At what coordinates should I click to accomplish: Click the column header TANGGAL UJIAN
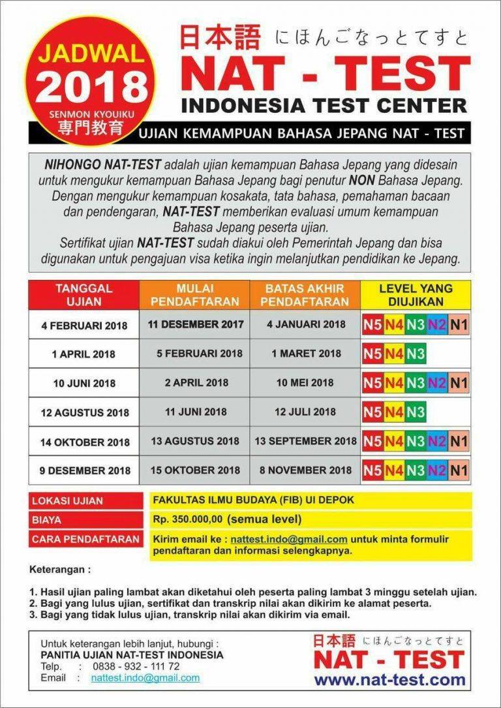(x=83, y=295)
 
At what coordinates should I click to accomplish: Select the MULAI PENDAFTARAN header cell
(x=194, y=295)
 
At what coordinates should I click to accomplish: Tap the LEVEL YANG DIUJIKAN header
(x=416, y=295)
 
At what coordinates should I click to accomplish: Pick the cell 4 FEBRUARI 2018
(x=84, y=325)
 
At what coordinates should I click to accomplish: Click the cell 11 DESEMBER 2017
(x=196, y=324)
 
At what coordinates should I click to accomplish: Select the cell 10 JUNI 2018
(x=84, y=384)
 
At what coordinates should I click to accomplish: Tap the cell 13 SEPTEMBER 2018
(x=305, y=441)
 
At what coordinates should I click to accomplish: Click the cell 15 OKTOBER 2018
(x=196, y=470)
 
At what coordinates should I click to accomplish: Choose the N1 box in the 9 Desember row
(x=459, y=470)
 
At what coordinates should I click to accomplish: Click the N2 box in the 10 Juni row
(x=437, y=383)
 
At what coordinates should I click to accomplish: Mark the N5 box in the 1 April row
(x=372, y=354)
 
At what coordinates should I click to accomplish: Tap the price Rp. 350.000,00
(x=188, y=520)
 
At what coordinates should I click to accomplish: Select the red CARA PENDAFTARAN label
(x=85, y=540)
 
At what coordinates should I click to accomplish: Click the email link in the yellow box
(x=289, y=540)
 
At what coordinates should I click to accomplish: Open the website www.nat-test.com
(x=390, y=680)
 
